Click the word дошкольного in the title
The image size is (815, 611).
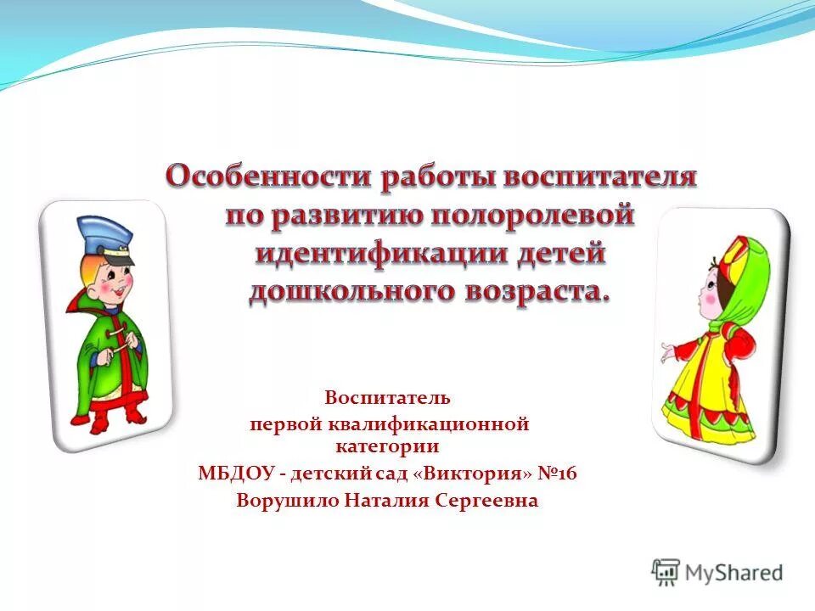(x=349, y=291)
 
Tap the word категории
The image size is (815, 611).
(x=387, y=445)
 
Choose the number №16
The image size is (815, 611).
(x=557, y=473)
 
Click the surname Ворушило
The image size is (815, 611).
(x=288, y=501)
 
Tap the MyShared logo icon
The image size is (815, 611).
(x=666, y=572)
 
